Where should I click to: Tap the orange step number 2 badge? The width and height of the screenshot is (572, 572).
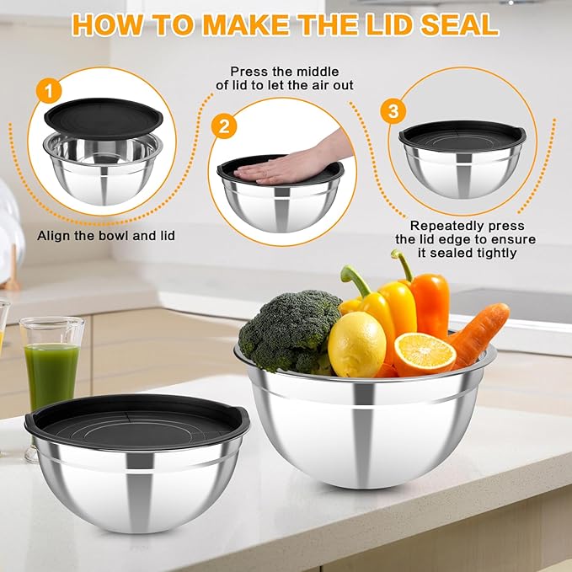(223, 127)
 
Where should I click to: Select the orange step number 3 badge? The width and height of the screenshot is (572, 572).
(390, 110)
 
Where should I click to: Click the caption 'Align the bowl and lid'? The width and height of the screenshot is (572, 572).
(106, 235)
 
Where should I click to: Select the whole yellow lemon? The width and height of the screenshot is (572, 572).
(356, 344)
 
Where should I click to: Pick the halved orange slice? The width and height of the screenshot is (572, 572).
(424, 354)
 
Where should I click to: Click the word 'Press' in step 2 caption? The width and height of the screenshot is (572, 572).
(249, 72)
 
